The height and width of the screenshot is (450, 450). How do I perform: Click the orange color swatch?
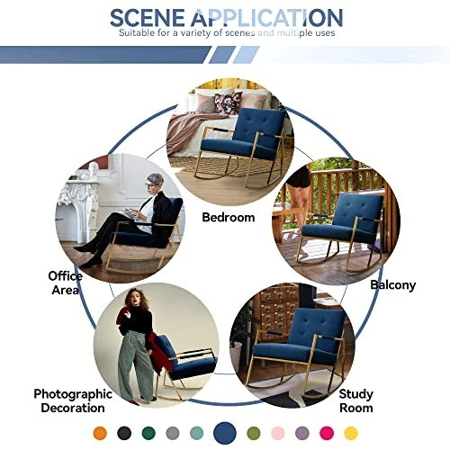(x=99, y=433)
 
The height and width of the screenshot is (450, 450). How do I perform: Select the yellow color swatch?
(x=351, y=433)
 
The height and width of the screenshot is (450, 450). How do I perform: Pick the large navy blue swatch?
(x=226, y=432)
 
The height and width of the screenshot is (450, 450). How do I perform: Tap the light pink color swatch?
(x=278, y=433)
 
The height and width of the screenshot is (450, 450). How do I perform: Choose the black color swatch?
(x=123, y=433)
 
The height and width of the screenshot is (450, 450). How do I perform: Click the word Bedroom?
(x=228, y=217)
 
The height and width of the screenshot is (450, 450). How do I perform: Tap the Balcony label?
(x=393, y=284)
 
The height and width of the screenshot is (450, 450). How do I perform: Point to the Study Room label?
(x=356, y=400)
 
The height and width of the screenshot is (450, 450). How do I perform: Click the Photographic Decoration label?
(x=73, y=400)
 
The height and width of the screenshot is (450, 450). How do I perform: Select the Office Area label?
(x=65, y=283)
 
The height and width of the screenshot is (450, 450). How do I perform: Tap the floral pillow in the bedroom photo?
(x=228, y=103)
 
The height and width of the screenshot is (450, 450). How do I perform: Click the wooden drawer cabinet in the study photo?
(x=279, y=310)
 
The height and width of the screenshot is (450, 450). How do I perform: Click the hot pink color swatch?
(x=327, y=433)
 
